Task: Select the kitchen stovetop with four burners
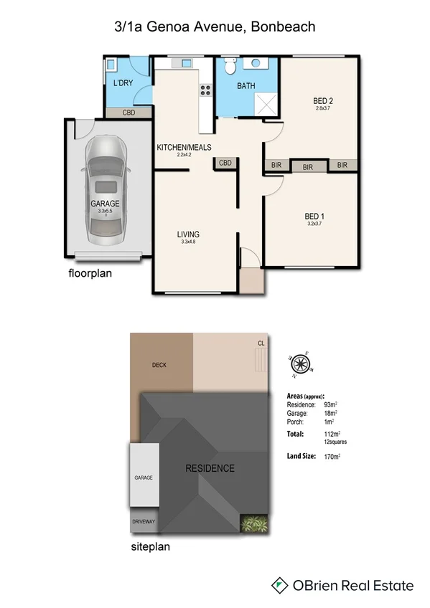(206, 90)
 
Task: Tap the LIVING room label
(188, 234)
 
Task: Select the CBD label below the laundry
(129, 113)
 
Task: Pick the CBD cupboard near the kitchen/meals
(225, 163)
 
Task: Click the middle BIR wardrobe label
(308, 166)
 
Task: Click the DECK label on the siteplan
(159, 365)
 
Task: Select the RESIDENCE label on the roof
(210, 468)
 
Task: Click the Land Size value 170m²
(332, 455)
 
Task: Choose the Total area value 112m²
(332, 434)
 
